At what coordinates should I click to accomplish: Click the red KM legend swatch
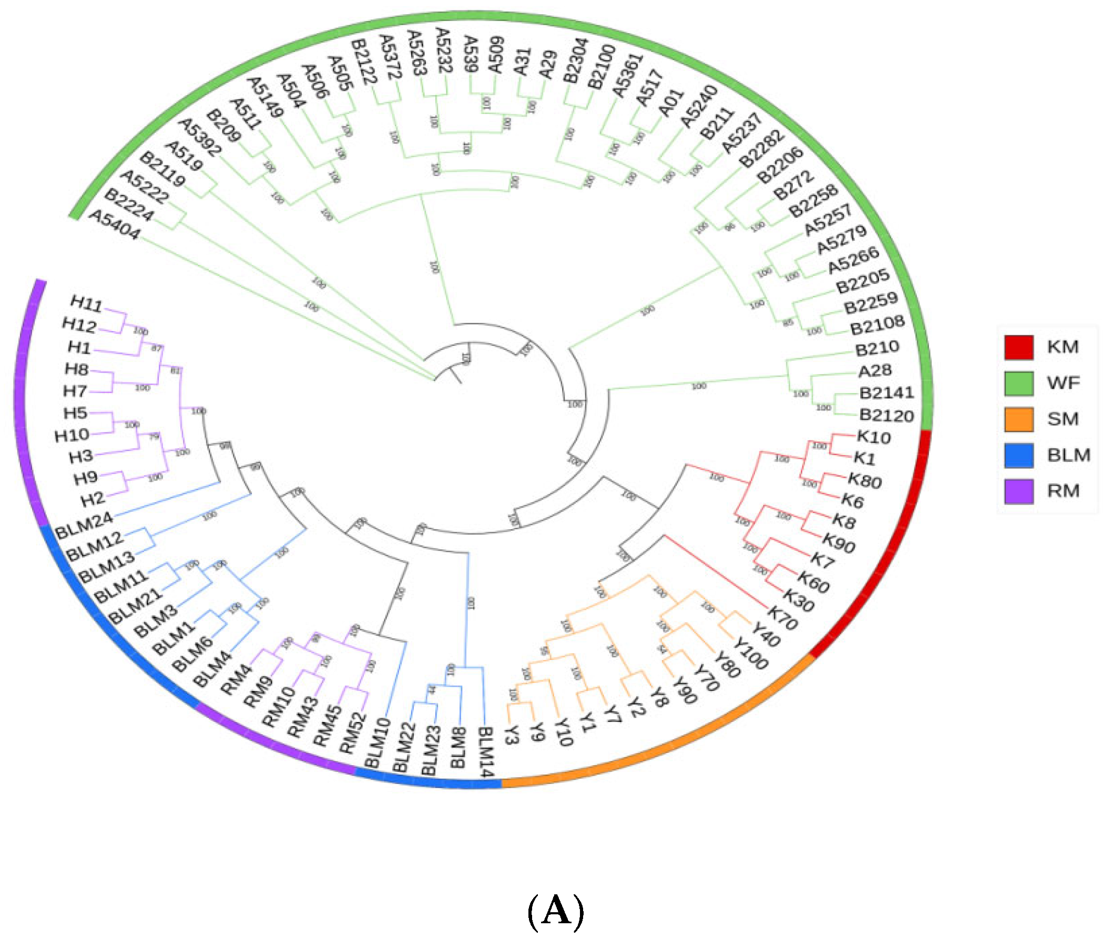coord(1018,347)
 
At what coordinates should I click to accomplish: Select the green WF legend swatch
coord(1018,383)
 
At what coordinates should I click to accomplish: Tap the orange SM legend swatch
coord(1018,419)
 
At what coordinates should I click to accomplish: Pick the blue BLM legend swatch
coord(1018,455)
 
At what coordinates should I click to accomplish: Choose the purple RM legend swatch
coord(1018,491)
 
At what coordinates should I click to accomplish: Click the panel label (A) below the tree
coord(555,910)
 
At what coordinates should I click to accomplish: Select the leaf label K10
coord(873,437)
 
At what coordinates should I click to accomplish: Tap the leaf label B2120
coord(886,415)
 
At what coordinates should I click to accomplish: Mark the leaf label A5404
coord(115,224)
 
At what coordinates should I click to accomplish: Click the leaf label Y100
coord(750,653)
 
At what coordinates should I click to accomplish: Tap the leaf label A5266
coord(853,260)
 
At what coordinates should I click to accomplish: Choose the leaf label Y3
coord(511,735)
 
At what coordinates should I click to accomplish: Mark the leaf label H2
coord(93,499)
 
